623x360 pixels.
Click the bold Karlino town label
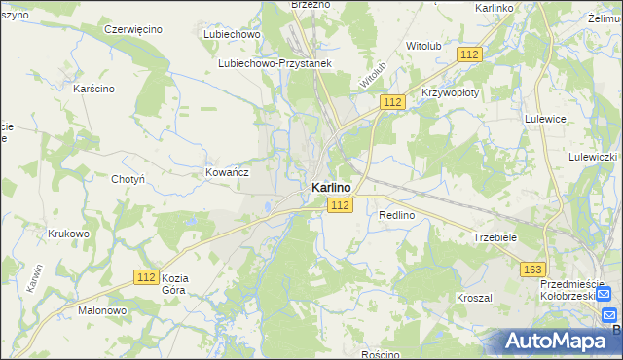332,187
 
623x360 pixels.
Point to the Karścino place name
94,89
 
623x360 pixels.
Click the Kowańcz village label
227,172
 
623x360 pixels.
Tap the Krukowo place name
68,234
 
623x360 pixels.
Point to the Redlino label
397,214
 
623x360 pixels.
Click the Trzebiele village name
494,236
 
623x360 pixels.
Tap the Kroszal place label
474,297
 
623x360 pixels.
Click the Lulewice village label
545,119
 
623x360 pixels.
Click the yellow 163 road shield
532,269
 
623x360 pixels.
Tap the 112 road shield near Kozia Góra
146,277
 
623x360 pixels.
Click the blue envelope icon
609,315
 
